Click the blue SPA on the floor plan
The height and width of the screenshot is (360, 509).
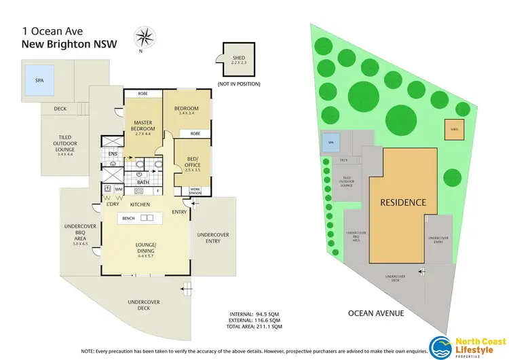[x=39, y=79]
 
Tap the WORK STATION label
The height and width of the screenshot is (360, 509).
[x=195, y=190]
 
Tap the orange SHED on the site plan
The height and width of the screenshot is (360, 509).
[x=453, y=129]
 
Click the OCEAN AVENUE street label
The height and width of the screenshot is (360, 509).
[x=377, y=313]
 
